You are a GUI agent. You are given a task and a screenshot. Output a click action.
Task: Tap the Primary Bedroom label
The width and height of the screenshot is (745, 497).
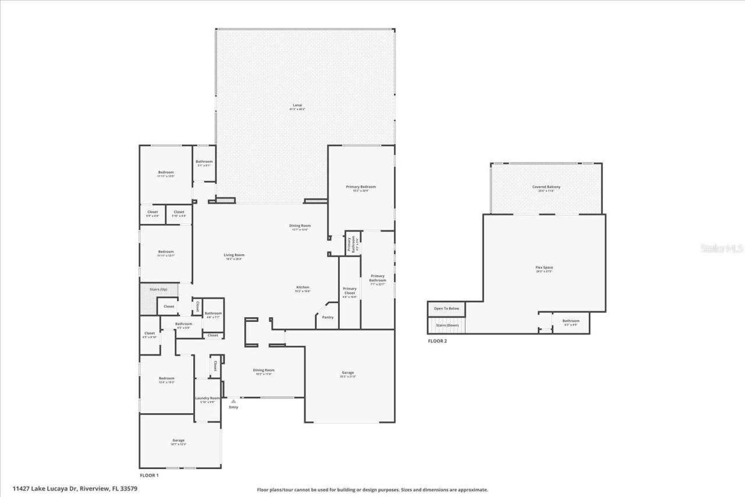pyautogui.click(x=361, y=187)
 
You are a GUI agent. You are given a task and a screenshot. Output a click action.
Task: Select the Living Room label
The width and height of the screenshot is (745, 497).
pyautogui.click(x=234, y=255)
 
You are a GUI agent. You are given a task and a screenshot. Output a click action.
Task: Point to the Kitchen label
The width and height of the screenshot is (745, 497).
pyautogui.click(x=303, y=287)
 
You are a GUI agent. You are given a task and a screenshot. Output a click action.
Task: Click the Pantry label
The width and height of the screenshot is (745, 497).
pyautogui.click(x=328, y=317)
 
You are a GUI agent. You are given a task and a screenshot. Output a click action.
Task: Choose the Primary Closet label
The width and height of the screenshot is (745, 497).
pyautogui.click(x=349, y=290)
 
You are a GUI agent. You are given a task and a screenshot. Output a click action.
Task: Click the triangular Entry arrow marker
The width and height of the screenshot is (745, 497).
pyautogui.click(x=233, y=401)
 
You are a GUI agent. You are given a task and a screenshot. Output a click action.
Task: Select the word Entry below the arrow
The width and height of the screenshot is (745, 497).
pyautogui.click(x=233, y=407)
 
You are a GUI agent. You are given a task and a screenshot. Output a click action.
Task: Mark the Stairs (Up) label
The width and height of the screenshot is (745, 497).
pyautogui.click(x=159, y=289)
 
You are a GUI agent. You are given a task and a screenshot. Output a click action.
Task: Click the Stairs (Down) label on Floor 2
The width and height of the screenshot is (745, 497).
pyautogui.click(x=447, y=325)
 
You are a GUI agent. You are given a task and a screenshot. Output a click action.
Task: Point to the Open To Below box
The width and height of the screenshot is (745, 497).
pyautogui.click(x=446, y=308)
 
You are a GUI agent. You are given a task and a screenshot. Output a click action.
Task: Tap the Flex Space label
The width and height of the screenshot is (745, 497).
pyautogui.click(x=544, y=268)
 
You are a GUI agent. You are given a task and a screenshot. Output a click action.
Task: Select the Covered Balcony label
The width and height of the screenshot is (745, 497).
pyautogui.click(x=546, y=187)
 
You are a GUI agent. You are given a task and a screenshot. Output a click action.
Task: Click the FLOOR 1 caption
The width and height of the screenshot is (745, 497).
pyautogui.click(x=149, y=475)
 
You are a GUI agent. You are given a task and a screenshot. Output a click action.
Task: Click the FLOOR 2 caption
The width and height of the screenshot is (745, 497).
pyautogui.click(x=437, y=341)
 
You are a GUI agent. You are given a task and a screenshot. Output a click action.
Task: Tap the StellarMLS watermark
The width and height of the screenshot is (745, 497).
pyautogui.click(x=721, y=248)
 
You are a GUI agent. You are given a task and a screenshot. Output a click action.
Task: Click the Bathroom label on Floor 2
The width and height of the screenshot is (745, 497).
pyautogui.click(x=570, y=321)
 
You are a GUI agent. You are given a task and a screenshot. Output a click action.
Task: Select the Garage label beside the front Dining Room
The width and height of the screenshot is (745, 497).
pyautogui.click(x=347, y=372)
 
